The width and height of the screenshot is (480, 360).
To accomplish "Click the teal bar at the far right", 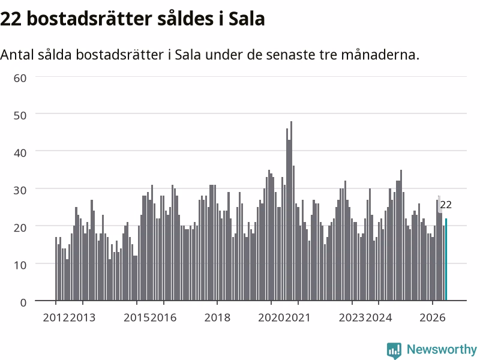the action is click(446, 260).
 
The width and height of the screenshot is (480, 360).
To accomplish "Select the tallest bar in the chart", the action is click(291, 211).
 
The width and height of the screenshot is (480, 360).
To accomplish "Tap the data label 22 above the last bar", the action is click(446, 205).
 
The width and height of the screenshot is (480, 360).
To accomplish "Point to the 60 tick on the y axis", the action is click(20, 78).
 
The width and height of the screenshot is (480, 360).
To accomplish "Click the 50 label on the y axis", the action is click(20, 115).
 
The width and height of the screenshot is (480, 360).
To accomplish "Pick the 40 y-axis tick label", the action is click(20, 153).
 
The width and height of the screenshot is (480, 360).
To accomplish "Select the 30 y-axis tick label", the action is click(20, 190).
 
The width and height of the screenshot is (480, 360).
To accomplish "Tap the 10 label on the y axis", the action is click(20, 265).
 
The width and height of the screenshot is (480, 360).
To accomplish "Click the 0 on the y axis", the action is click(23, 303).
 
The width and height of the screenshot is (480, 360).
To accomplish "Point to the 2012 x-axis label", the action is click(56, 318).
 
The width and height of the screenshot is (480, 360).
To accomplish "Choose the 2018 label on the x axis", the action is click(217, 318).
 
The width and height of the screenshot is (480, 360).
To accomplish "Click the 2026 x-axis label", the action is click(432, 318).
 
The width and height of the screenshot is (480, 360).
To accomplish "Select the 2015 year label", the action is click(137, 318).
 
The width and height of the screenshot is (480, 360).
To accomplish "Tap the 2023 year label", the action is click(352, 318).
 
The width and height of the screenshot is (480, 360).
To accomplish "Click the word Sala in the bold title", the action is click(247, 19).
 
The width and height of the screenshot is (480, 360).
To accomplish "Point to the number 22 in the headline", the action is click(11, 19).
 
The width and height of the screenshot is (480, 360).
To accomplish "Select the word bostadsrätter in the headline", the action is click(89, 19).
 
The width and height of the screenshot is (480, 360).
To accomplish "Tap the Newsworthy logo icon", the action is click(394, 350).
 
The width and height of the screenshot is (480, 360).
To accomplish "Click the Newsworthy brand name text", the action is click(442, 349).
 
